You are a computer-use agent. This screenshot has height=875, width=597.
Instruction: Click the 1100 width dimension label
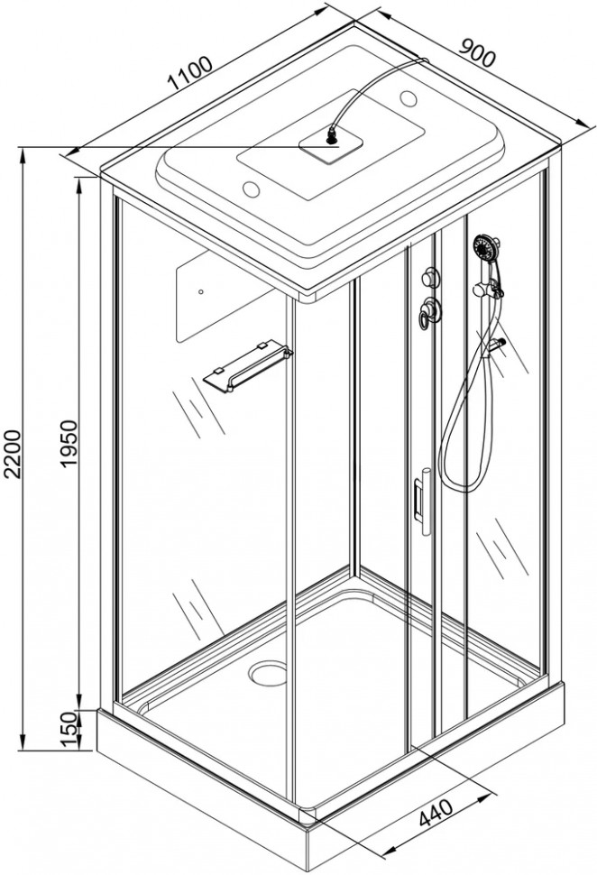point(191,74)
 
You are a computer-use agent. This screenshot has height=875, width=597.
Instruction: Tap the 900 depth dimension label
point(476,52)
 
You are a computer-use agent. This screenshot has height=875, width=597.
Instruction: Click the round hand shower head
point(485,245)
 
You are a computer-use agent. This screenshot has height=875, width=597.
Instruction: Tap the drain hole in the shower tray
point(269,671)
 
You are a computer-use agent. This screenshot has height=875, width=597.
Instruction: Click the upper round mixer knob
point(429,275)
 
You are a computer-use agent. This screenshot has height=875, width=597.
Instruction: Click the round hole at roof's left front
point(252,189)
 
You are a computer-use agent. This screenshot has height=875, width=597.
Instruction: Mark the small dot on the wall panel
point(201,290)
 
